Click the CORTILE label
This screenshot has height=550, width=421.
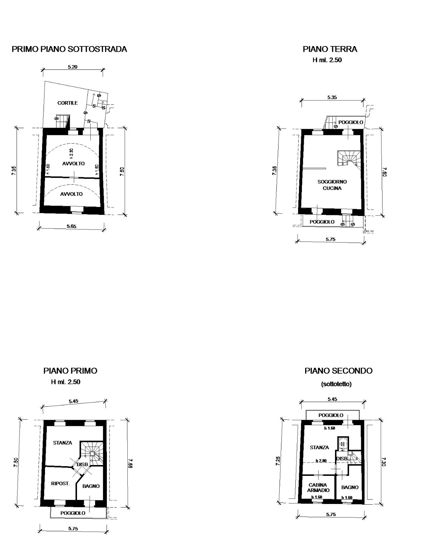point(67,103)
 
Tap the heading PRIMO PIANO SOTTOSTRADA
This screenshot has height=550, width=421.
point(69,49)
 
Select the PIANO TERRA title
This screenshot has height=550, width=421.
point(330,49)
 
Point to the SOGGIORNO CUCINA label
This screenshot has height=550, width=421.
point(332,185)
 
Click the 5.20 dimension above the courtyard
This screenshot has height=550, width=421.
point(73,67)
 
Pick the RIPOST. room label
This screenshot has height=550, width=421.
point(60,483)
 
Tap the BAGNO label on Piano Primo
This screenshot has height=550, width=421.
point(91,486)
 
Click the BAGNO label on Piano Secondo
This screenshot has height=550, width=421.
point(350,487)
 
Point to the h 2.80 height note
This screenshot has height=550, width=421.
point(321,461)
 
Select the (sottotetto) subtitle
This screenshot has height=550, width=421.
point(336,384)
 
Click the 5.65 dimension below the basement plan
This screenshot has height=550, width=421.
point(71,226)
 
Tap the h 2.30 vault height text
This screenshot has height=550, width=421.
point(71,153)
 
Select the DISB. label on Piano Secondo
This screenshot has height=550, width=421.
point(341,458)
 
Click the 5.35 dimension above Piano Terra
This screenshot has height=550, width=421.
point(332,98)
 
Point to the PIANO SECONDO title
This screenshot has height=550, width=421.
point(339,371)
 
